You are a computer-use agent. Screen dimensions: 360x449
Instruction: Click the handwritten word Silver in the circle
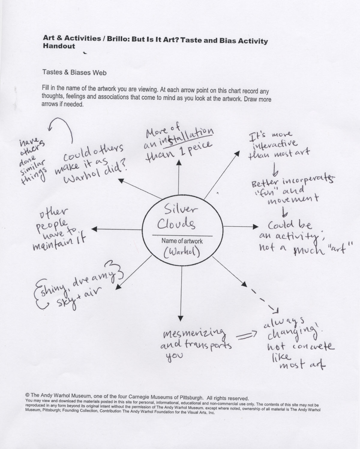pyautogui.click(x=180, y=209)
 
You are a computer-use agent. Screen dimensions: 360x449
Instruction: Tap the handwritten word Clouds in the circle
pyautogui.click(x=176, y=224)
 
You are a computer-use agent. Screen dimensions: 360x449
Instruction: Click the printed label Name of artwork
pyautogui.click(x=182, y=241)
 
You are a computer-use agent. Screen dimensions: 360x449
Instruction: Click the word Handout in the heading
pyautogui.click(x=59, y=46)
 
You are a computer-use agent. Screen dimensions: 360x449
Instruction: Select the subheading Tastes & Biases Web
pyautogui.click(x=74, y=72)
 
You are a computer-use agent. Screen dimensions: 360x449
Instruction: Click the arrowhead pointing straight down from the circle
pyautogui.click(x=181, y=319)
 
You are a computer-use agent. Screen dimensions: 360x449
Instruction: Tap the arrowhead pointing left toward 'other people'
pyautogui.click(x=94, y=229)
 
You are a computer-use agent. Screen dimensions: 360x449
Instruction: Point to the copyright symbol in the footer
pyautogui.click(x=27, y=395)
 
